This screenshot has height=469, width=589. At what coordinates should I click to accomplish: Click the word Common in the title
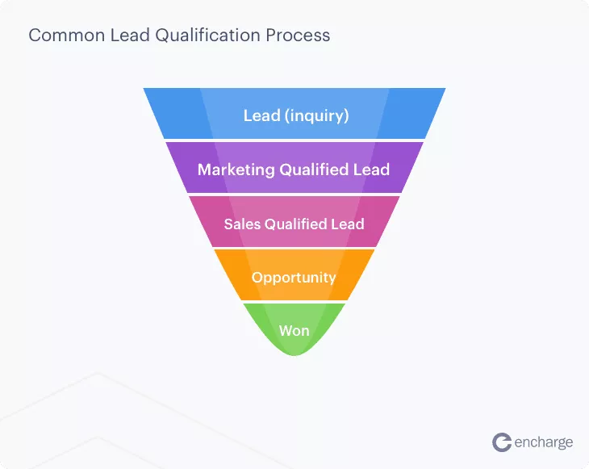pos(67,36)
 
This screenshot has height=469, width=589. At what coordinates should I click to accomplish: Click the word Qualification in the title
pos(207,36)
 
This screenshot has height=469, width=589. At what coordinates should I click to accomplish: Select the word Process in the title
pos(299,36)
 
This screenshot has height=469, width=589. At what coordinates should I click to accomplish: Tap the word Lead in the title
pos(130,36)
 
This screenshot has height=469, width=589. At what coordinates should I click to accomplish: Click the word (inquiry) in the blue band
pos(316,115)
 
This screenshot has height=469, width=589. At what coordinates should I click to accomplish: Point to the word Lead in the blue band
pos(261,115)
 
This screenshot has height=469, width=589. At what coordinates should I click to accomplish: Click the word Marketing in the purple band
pos(236,170)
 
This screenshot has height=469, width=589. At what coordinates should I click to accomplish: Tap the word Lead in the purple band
pos(371,170)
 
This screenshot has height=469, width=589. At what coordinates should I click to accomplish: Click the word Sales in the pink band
pos(242,224)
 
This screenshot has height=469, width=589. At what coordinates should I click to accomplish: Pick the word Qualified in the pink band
pos(295,224)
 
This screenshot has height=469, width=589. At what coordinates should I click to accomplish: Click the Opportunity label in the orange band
pos(294,278)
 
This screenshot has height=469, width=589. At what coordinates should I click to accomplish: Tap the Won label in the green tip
pos(294,331)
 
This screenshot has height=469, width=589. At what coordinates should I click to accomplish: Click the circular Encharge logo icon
pos(502,442)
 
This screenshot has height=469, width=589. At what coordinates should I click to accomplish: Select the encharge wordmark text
pos(544,442)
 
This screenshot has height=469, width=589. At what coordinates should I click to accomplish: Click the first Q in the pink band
pos(270,224)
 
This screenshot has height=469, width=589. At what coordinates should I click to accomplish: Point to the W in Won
pos(286,331)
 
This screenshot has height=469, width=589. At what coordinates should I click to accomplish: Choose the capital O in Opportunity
pos(257,278)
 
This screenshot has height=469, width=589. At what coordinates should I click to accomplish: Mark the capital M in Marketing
pos(205,170)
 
